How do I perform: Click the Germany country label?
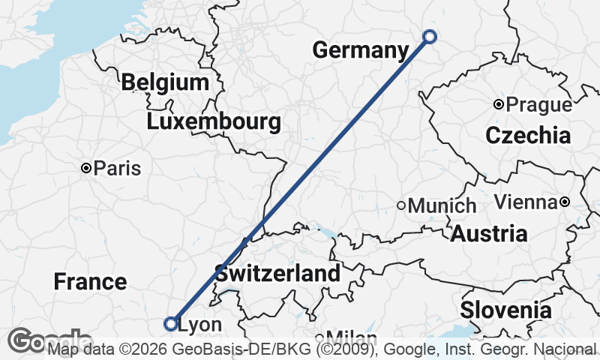coord(360,50)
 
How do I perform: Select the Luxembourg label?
coord(214,121)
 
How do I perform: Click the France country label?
coord(90,282)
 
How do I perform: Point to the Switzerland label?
coord(277,273)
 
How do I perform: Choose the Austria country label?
coord(488,233)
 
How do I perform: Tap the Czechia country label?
coord(528,136)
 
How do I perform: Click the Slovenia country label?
coord(506,310)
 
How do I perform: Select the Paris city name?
coord(118,169)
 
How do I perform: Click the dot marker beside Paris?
coord(87,168)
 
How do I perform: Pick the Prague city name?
coord(538,105)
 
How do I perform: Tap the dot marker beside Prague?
coord(498,104)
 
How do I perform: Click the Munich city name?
coord(442,205)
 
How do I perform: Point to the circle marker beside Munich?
coord(401,205)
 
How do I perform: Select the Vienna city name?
coord(526,202)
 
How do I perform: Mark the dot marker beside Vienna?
coord(564,202)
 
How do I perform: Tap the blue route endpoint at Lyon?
coord(170,324)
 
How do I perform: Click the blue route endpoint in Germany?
coord(430,36)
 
